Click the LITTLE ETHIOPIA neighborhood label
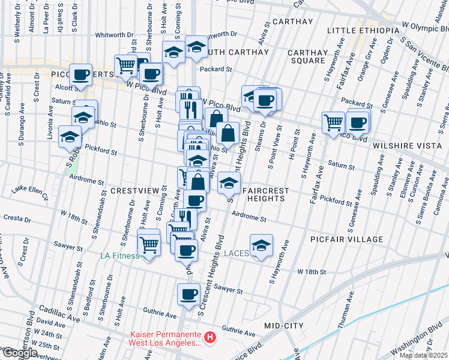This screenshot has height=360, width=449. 363,31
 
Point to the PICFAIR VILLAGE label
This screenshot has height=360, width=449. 346,239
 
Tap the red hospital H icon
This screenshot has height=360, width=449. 209,338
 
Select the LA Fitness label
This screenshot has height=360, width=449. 119,256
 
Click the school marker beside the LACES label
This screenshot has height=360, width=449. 260,246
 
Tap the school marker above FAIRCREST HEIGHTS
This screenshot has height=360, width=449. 228,181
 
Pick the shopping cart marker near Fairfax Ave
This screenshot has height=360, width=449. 333,122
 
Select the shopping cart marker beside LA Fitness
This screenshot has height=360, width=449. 149,244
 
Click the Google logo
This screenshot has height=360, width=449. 20,353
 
